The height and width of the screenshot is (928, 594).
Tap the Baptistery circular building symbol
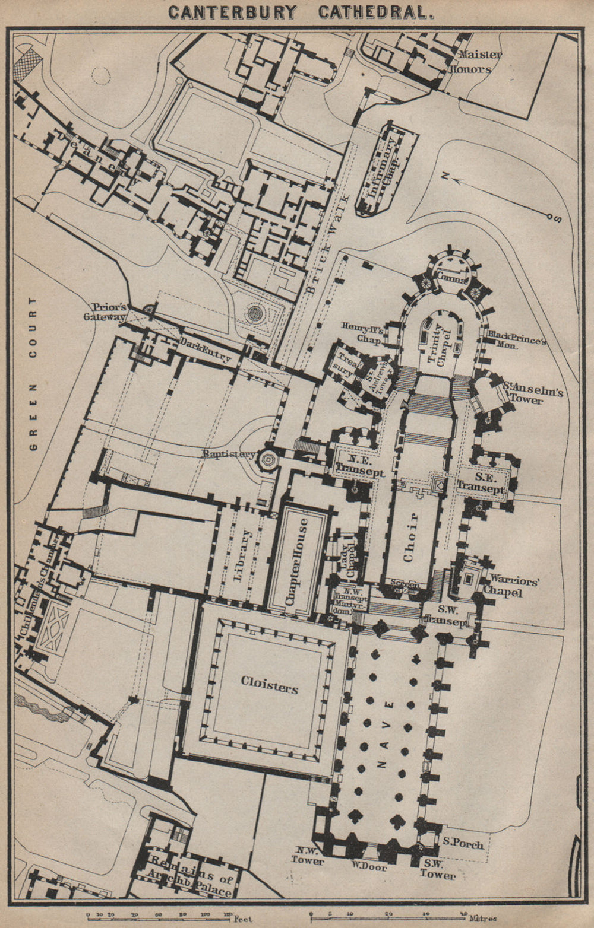click(268, 458)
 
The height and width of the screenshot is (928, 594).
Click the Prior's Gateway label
click(106, 312)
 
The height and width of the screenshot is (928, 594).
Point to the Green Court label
click(33, 374)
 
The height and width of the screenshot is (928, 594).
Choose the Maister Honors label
click(479, 62)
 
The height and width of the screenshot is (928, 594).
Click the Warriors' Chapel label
click(513, 587)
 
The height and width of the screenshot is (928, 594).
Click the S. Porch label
click(463, 843)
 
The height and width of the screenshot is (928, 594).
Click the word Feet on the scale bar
click(244, 919)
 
